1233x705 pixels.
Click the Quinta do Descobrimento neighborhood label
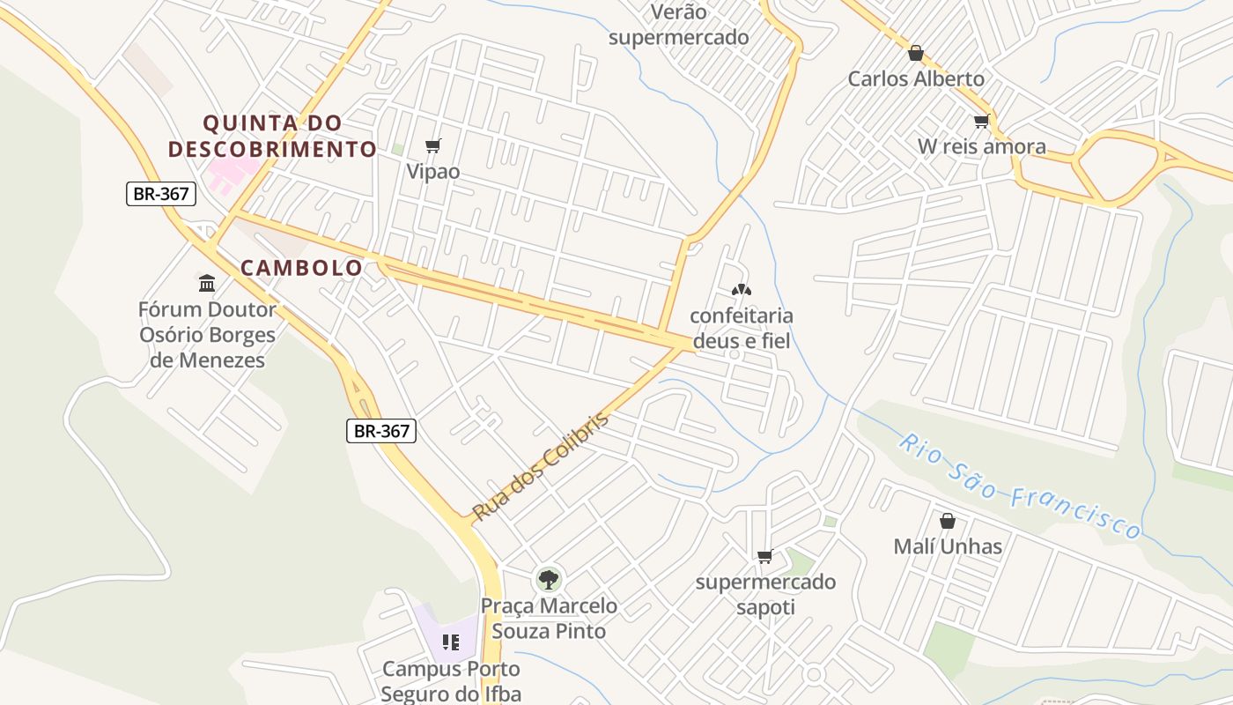[x=272, y=136]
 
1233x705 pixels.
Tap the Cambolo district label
[x=301, y=268]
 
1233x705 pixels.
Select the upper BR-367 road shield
[x=161, y=194]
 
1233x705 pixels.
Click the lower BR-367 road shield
[x=380, y=430]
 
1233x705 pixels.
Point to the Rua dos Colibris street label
[x=541, y=466]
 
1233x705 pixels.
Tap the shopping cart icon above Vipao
[x=432, y=145]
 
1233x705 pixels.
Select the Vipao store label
[x=433, y=171]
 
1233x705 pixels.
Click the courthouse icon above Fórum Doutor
[x=207, y=283]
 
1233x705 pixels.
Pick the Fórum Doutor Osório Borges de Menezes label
[x=207, y=335]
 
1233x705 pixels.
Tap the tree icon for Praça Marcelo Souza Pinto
[x=549, y=580]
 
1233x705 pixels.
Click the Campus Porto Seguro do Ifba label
[x=451, y=681]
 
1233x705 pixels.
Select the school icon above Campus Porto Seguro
[x=451, y=642]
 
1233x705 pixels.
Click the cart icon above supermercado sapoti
[x=764, y=556]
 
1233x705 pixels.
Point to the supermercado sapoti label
[x=765, y=595]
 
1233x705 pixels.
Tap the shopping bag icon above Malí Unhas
[x=948, y=521]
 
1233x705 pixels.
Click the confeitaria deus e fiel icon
[x=741, y=289]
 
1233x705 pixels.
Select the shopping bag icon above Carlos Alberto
[x=916, y=53]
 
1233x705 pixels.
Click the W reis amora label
[x=982, y=146]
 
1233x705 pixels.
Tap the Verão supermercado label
[x=678, y=25]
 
